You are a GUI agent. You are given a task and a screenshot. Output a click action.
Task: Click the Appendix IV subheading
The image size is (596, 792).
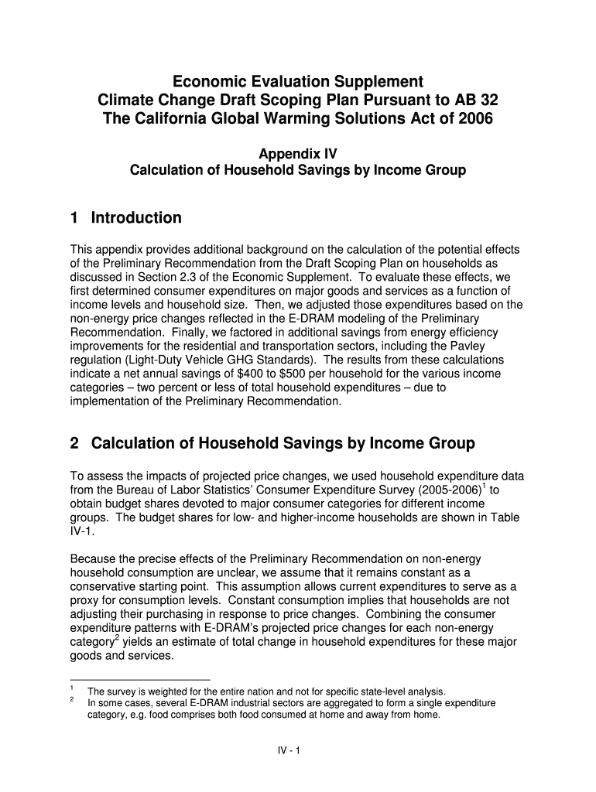(x=297, y=153)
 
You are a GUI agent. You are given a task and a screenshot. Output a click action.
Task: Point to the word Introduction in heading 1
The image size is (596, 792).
(x=136, y=218)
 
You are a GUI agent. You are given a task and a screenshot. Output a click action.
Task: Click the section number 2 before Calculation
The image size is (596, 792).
(x=75, y=443)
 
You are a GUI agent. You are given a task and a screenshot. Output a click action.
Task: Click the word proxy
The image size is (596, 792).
(x=84, y=600)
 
